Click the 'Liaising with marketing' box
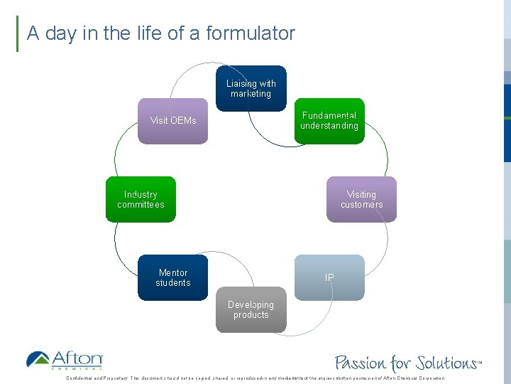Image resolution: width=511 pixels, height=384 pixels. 251,89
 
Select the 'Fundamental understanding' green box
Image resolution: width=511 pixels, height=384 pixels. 329,121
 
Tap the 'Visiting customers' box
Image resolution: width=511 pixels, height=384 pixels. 361,200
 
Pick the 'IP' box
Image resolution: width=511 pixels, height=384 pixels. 329,277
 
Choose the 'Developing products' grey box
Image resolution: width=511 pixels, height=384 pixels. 251,309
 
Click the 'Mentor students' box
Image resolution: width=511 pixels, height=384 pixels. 173,277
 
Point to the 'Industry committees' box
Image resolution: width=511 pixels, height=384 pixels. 141,200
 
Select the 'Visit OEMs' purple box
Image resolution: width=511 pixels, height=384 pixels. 173,121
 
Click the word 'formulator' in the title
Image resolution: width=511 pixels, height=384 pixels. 251,33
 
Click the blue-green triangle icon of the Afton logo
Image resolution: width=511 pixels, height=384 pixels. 38,359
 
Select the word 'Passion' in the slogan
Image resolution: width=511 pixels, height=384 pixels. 360,363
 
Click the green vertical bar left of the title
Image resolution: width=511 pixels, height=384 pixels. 17,33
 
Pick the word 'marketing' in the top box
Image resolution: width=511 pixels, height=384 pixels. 251,94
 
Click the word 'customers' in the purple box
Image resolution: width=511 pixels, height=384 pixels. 361,205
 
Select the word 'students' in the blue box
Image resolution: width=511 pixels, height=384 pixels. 173,283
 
